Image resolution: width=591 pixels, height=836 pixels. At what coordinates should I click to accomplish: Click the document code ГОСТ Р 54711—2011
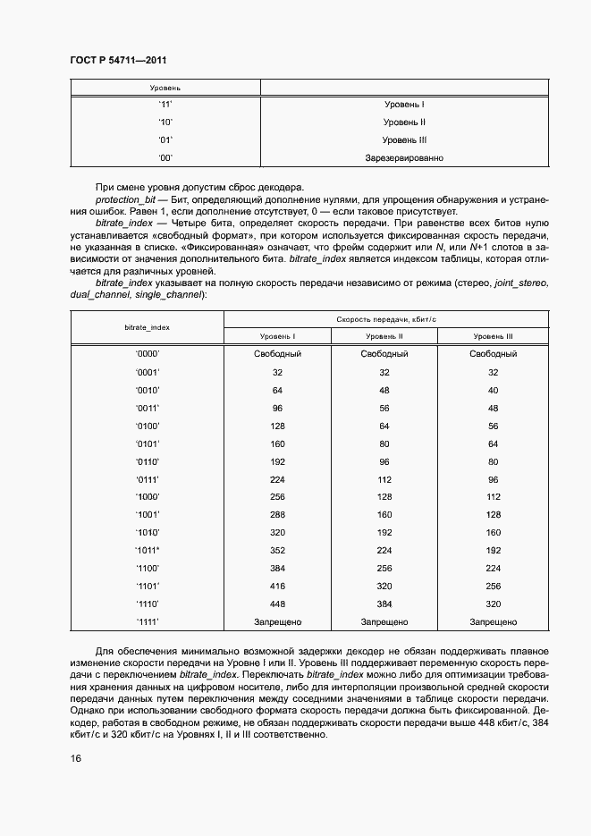(x=118, y=60)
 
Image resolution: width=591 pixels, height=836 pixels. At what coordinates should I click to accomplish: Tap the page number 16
(x=76, y=759)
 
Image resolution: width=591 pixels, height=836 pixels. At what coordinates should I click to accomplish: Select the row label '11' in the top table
(x=165, y=104)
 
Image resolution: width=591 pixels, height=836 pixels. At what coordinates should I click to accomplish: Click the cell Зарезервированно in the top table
(x=404, y=157)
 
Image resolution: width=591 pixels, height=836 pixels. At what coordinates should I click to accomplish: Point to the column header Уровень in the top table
(x=165, y=89)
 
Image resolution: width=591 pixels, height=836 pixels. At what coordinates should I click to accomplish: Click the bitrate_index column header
(x=148, y=327)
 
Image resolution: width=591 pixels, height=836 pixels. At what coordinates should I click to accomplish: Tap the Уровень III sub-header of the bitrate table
(x=494, y=336)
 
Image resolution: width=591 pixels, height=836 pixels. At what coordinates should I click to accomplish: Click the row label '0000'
(x=148, y=354)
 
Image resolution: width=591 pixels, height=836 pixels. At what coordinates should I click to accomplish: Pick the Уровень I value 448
(x=277, y=604)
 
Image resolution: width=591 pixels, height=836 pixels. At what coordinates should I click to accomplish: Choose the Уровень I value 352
(x=277, y=550)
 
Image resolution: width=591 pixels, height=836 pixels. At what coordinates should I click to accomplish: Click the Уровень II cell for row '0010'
(x=385, y=390)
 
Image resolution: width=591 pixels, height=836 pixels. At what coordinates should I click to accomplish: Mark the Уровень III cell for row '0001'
(x=494, y=372)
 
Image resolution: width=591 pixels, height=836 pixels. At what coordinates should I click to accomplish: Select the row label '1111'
(x=148, y=621)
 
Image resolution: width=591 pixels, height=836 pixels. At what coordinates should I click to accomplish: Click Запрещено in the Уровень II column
(x=385, y=621)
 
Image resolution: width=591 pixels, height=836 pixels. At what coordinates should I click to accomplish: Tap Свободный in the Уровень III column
(x=494, y=354)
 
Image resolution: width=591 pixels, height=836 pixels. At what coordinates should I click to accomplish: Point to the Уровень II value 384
(x=385, y=604)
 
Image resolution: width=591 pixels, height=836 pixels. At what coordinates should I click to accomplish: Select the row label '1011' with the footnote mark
(x=148, y=550)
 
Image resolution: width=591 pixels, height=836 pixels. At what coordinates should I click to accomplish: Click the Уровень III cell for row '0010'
(x=494, y=390)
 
